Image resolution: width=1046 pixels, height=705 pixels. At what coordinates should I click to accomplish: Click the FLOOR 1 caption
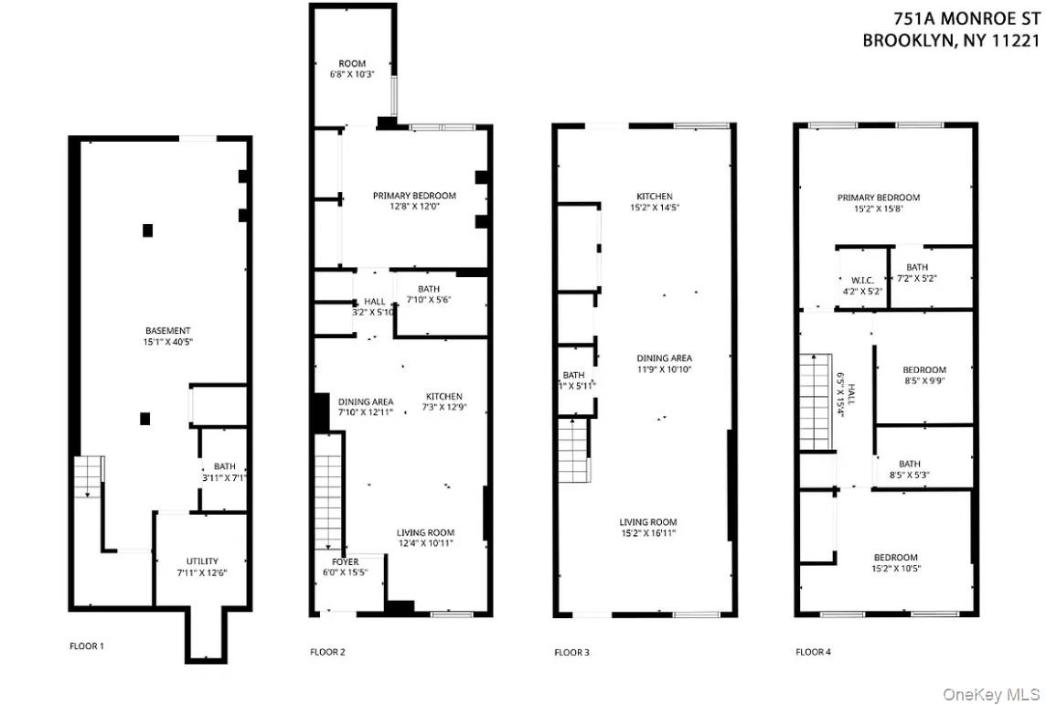tap(87, 646)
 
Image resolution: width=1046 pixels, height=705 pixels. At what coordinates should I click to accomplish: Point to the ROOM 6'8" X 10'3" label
tap(352, 69)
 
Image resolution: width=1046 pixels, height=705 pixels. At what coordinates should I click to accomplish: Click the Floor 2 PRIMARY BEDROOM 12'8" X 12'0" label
tap(414, 201)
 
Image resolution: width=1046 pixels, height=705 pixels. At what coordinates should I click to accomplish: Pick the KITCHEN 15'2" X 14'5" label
tap(655, 201)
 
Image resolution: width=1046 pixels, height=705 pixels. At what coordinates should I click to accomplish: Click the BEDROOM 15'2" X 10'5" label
tap(895, 562)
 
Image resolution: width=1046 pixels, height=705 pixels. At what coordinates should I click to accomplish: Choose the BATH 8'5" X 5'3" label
tap(909, 469)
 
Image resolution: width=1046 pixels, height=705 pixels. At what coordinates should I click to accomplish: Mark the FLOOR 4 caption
tap(813, 652)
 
